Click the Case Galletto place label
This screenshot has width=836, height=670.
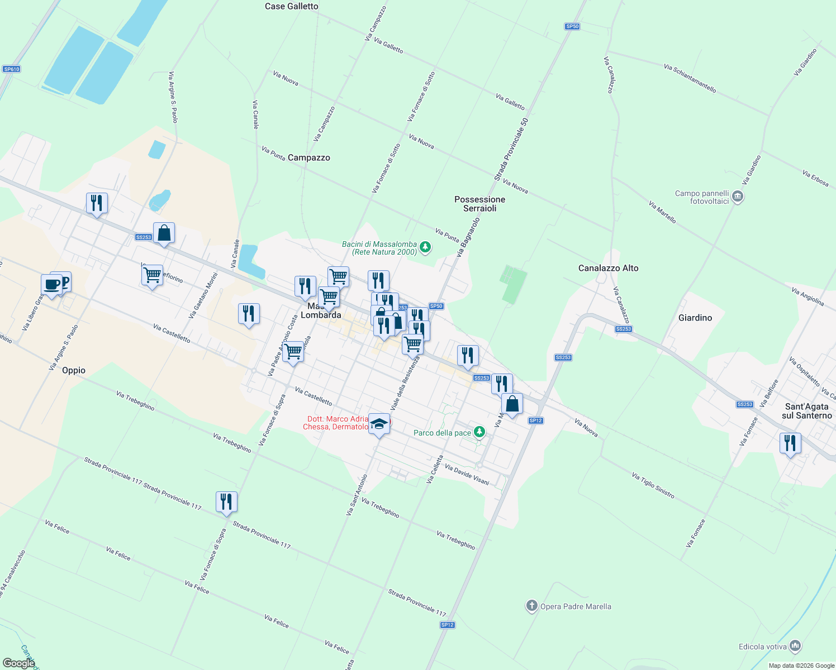click(x=291, y=6)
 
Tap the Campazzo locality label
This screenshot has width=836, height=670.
click(x=308, y=157)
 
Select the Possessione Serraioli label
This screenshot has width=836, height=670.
click(x=479, y=204)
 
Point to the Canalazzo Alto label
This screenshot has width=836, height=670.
click(x=608, y=268)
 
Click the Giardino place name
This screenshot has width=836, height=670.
click(x=695, y=318)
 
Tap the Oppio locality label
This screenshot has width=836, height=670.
click(x=74, y=370)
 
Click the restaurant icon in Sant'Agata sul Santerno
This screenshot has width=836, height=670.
click(x=790, y=443)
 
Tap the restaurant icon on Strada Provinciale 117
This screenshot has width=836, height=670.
click(x=226, y=501)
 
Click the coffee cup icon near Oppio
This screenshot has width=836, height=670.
click(x=52, y=285)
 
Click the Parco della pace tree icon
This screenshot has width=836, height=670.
click(x=479, y=432)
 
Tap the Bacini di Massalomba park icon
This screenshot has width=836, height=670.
click(x=425, y=247)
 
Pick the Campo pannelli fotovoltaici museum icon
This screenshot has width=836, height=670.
click(x=737, y=197)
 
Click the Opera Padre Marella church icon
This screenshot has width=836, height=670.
click(x=531, y=606)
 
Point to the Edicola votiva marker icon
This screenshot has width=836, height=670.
click(x=795, y=647)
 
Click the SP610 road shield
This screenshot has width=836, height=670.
click(x=11, y=69)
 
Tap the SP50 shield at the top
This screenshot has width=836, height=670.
click(x=572, y=26)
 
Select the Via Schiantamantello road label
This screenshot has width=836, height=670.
click(x=690, y=78)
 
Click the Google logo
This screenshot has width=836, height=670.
click(x=19, y=663)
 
